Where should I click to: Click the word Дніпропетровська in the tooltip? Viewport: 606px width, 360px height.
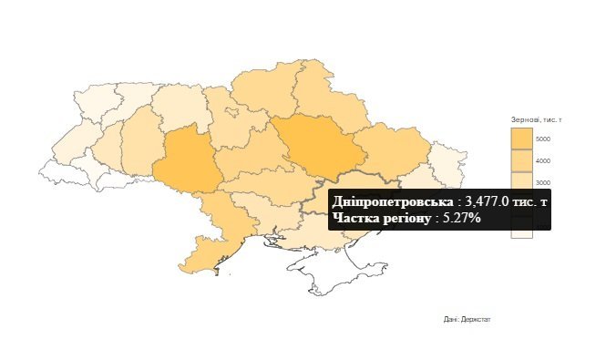click(392, 201)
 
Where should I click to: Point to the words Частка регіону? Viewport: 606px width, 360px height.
click(381, 218)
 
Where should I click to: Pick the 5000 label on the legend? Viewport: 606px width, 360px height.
click(542, 139)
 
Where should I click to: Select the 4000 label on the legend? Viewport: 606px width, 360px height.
click(542, 161)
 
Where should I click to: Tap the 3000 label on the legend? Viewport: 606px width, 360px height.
click(542, 183)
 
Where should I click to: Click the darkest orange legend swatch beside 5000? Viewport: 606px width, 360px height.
click(521, 139)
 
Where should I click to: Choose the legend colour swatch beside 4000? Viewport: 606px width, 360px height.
click(521, 160)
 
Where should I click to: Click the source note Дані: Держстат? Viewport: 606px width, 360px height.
click(467, 319)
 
